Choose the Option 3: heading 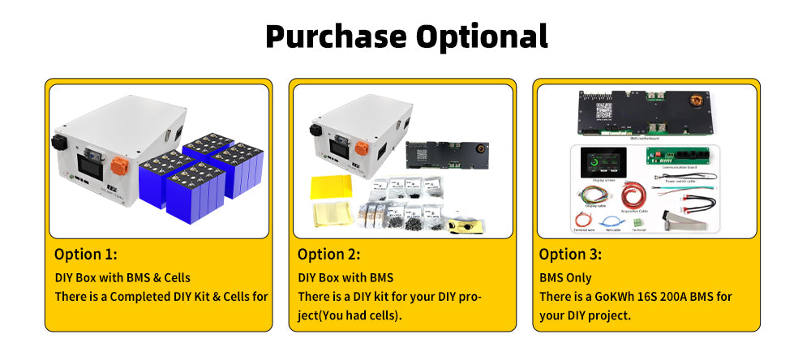(x=571, y=254)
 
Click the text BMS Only (x=566, y=277)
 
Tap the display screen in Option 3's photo (x=607, y=168)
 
